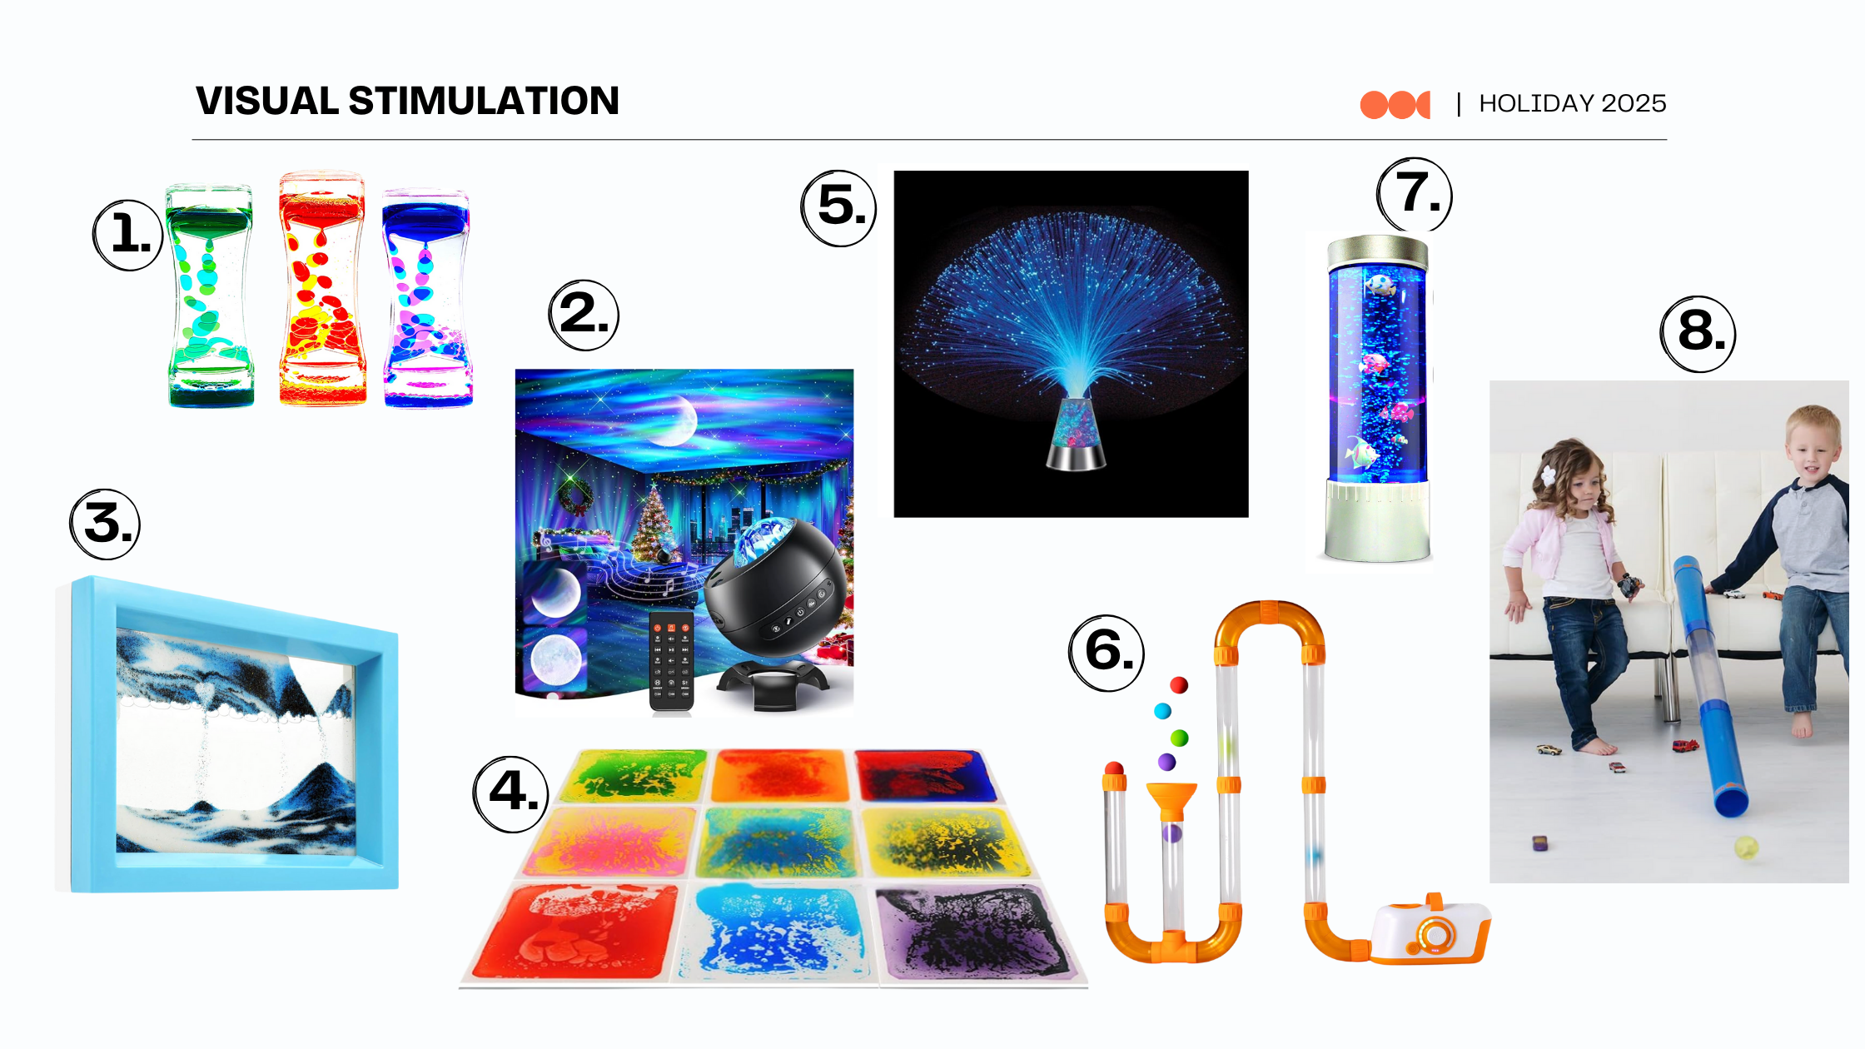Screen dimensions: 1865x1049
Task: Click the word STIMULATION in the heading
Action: [x=484, y=101]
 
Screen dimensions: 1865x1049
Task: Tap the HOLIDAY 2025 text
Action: [x=1572, y=103]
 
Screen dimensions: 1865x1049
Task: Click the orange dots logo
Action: [x=1395, y=105]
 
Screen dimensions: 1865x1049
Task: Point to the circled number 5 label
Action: [x=839, y=207]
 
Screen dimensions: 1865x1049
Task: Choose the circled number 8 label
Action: [x=1698, y=333]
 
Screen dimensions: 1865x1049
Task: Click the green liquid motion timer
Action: [x=211, y=296]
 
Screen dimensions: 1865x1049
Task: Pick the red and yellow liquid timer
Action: [x=322, y=289]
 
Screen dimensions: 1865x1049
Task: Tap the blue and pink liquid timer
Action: [x=427, y=298]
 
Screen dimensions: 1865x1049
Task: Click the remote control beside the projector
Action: [x=671, y=662]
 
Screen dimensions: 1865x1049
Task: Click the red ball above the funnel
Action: [x=1179, y=685]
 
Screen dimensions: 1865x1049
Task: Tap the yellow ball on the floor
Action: [x=1745, y=848]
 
